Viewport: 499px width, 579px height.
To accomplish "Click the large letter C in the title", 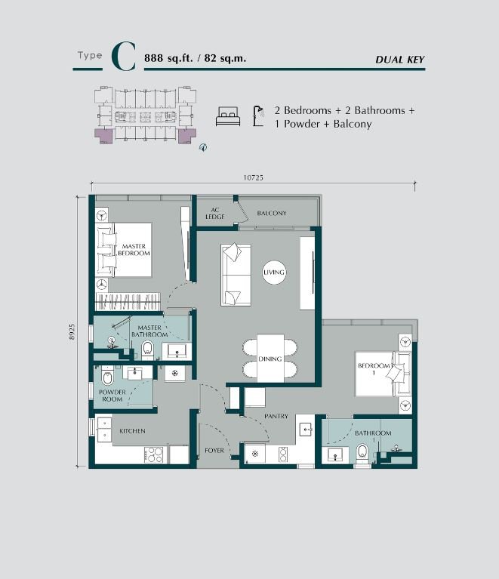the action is click(124, 57).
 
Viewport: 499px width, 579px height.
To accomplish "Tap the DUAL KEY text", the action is click(399, 60).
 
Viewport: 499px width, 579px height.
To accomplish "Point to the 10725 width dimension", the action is click(253, 177).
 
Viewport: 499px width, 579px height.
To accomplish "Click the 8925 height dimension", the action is click(72, 331).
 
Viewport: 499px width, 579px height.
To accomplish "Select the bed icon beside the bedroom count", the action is click(228, 116).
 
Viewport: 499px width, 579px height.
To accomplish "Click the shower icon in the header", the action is click(258, 115).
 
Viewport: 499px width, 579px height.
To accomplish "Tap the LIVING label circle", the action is click(274, 273).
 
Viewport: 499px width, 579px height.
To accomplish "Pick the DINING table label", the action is click(270, 359).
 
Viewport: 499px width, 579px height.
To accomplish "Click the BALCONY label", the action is click(272, 213).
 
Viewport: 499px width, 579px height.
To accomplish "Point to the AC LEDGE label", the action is click(215, 213).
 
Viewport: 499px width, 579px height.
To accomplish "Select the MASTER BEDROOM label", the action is click(134, 250).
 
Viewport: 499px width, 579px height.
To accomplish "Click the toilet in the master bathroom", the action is click(147, 350).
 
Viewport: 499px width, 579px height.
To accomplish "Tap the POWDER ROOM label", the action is click(112, 396).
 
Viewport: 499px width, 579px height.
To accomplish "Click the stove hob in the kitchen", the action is click(154, 455).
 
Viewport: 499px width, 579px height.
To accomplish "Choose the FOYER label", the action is click(214, 451).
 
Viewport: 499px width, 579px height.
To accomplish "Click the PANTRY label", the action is click(276, 416).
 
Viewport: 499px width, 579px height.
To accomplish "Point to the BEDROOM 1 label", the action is click(374, 369).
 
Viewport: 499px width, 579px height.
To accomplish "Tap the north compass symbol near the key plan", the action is click(203, 148).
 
